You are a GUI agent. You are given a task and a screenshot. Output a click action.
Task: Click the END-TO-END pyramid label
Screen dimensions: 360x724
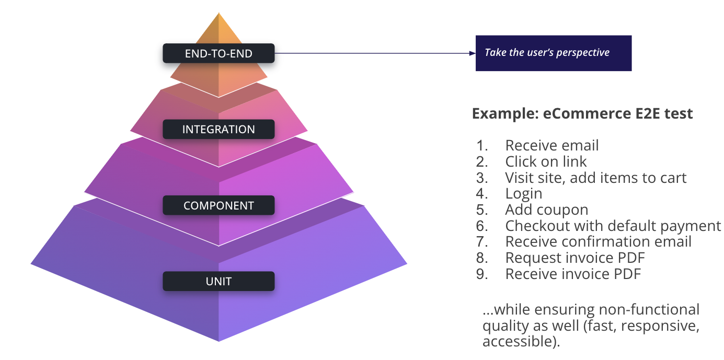[x=219, y=53]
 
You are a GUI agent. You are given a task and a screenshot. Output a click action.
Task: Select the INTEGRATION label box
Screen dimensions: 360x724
[x=219, y=130]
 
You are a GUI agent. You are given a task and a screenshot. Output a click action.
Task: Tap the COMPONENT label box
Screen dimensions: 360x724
[x=219, y=205]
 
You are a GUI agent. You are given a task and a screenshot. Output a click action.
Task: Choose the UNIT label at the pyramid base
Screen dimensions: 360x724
[x=219, y=282]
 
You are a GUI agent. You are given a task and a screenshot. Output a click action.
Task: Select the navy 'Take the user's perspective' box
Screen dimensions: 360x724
[x=553, y=53]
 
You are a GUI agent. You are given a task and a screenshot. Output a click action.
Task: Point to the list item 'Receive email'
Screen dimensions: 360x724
[x=551, y=145]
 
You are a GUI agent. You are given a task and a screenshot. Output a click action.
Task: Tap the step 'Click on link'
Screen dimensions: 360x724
[x=546, y=161]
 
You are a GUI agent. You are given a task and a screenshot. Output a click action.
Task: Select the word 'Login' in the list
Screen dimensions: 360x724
[x=523, y=194]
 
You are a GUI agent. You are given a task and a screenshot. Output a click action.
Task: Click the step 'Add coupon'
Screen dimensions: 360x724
[x=546, y=210]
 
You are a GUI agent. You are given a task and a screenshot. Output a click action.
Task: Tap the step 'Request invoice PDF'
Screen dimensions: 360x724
[x=574, y=258]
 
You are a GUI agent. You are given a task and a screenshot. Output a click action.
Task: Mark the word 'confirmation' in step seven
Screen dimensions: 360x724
[x=606, y=242]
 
